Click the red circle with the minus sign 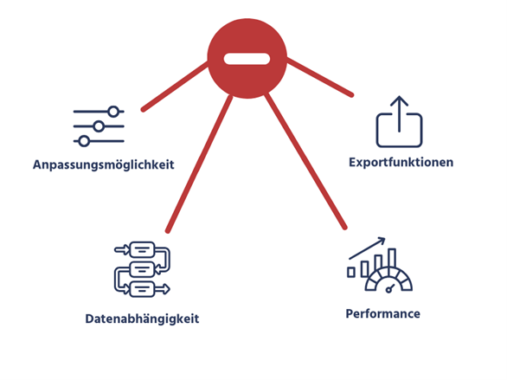click(x=247, y=59)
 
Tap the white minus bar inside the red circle click(x=247, y=59)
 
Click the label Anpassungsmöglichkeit click(x=104, y=165)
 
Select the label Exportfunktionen click(x=401, y=162)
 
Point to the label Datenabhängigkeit click(x=142, y=319)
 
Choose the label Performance click(x=382, y=313)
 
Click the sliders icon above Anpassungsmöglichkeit click(x=99, y=126)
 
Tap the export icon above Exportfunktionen click(x=400, y=121)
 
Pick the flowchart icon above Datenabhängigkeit click(x=142, y=269)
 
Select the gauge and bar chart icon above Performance click(x=380, y=265)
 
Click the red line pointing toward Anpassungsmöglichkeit click(x=176, y=86)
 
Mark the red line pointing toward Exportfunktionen click(x=319, y=77)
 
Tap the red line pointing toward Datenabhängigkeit click(x=199, y=164)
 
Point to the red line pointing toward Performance click(x=305, y=161)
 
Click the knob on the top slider click(x=113, y=112)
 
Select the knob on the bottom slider click(x=84, y=141)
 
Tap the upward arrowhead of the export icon click(x=400, y=100)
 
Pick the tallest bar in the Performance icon click(x=392, y=259)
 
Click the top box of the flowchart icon click(x=142, y=249)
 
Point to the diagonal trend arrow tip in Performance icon click(x=384, y=239)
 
